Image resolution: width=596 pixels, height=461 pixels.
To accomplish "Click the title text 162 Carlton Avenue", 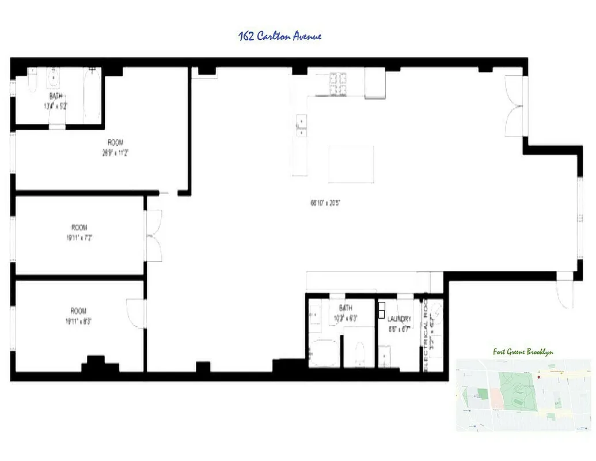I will (x=280, y=36).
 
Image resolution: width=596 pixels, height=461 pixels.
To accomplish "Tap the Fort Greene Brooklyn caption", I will (x=523, y=352).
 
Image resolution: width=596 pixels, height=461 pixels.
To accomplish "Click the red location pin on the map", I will (x=538, y=377).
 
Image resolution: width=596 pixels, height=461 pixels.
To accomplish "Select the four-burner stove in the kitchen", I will (x=337, y=84).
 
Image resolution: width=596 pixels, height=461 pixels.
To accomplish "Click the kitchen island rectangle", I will (x=351, y=164).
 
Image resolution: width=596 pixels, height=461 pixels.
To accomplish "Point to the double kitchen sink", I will (x=301, y=126).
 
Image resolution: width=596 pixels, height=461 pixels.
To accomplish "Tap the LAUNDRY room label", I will (x=399, y=319).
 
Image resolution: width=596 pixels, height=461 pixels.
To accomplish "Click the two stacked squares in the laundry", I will (x=381, y=310).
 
